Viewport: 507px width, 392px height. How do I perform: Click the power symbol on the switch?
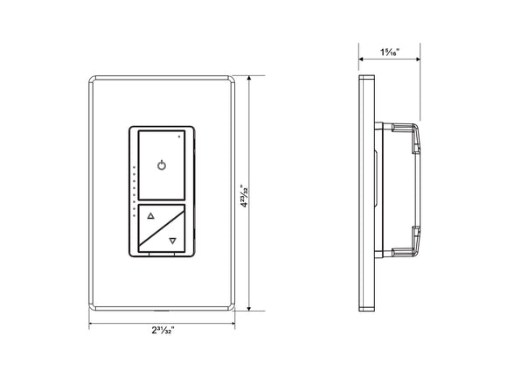(x=160, y=165)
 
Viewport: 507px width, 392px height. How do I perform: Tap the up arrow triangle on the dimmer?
(x=149, y=214)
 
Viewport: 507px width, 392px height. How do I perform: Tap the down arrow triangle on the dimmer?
(x=172, y=240)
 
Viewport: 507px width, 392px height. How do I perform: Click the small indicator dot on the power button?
(x=179, y=136)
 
